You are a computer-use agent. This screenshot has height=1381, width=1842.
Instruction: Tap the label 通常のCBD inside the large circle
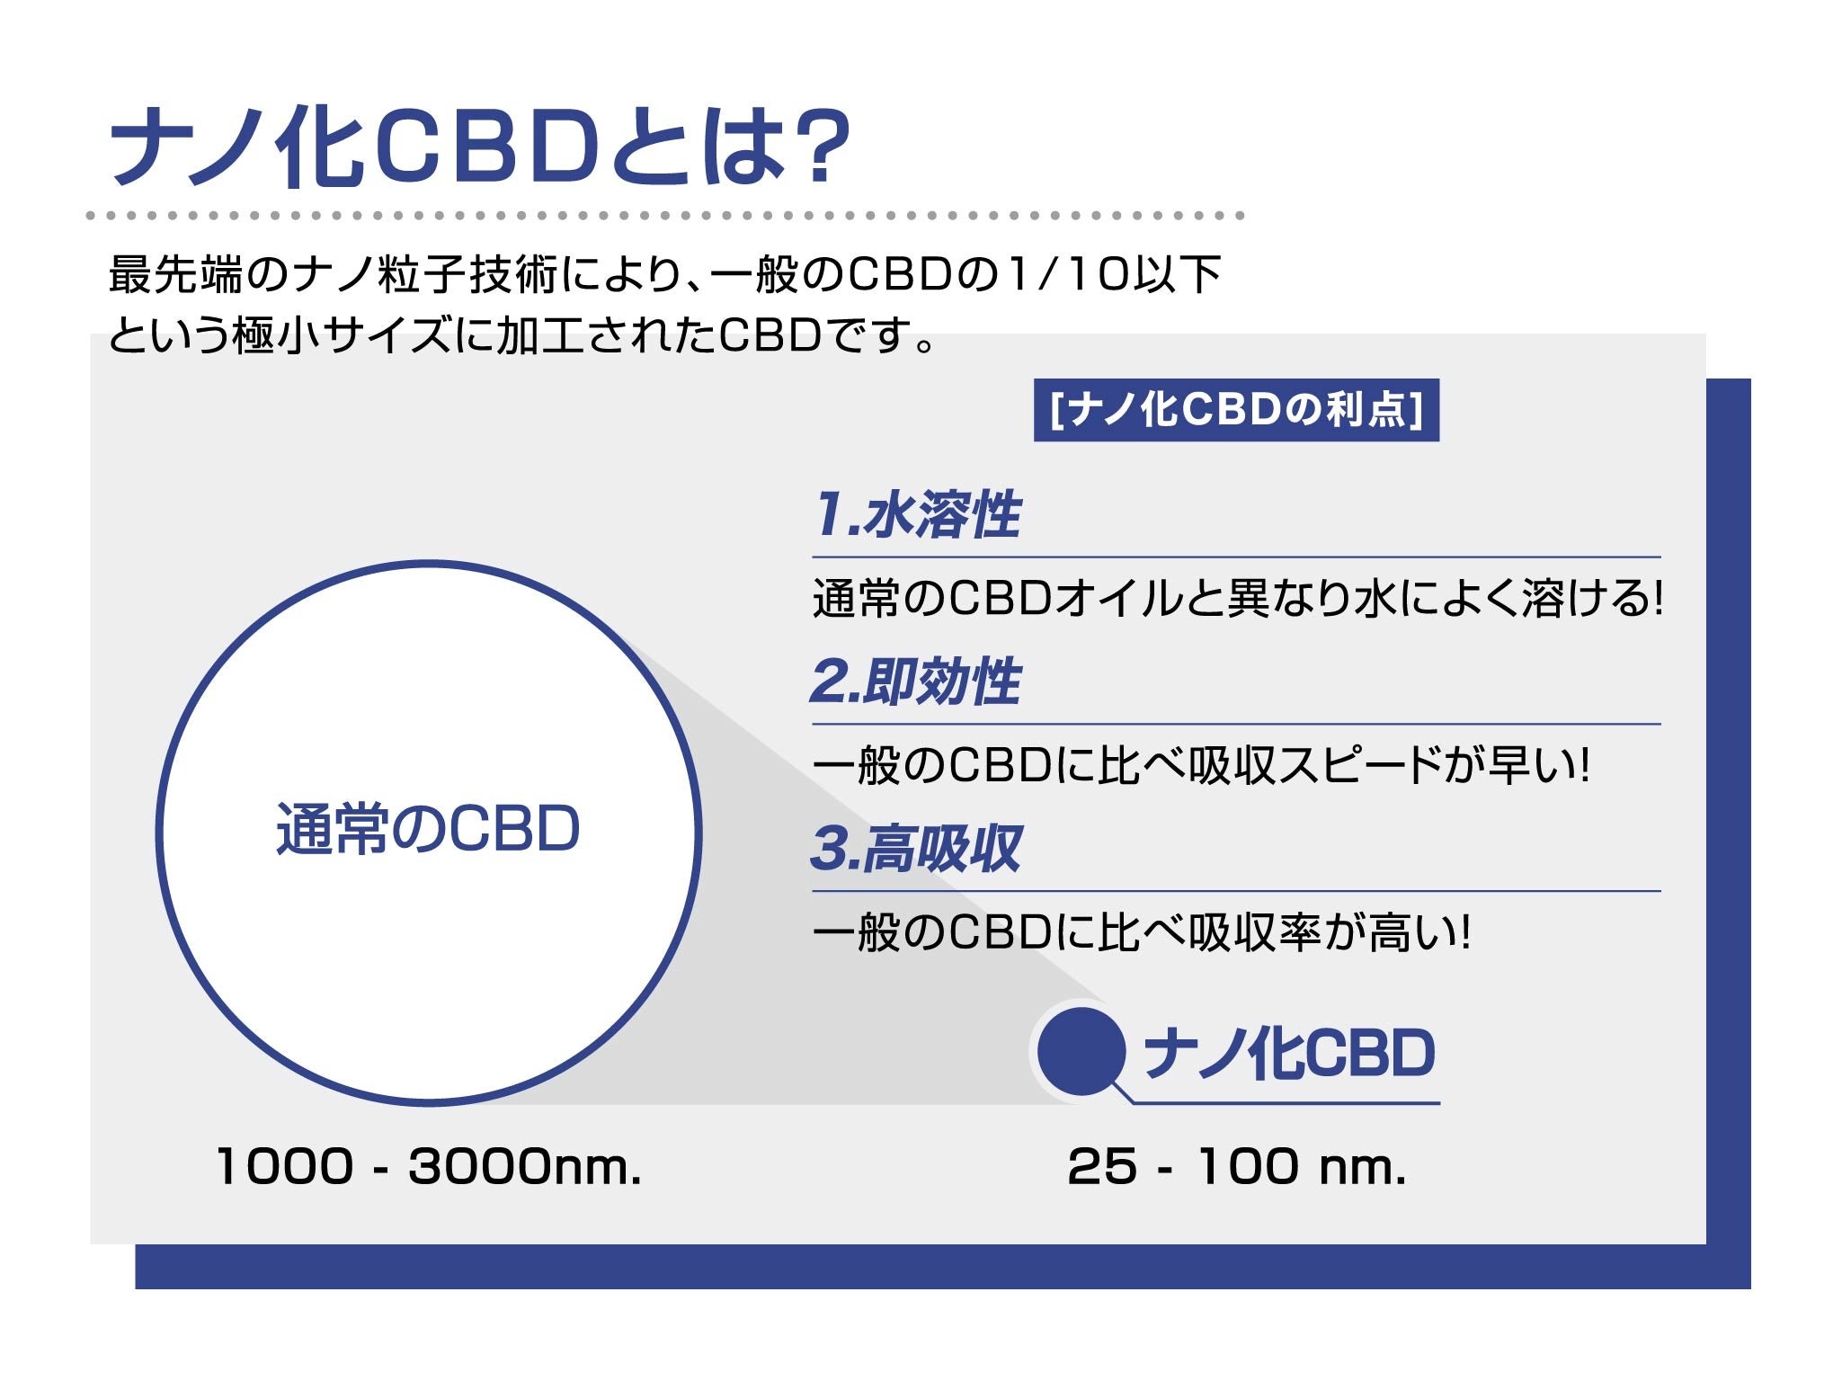coord(428,828)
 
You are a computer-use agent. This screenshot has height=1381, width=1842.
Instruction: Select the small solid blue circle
coord(1081,1051)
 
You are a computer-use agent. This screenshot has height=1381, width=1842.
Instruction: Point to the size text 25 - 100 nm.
coord(1237,1166)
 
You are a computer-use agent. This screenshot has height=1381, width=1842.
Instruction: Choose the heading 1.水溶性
coord(917,514)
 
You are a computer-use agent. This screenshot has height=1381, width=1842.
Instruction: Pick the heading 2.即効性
coord(916,681)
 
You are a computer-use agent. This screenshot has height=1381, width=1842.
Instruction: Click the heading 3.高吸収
coord(916,848)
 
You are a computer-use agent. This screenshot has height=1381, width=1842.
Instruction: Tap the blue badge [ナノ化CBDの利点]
coord(1236,410)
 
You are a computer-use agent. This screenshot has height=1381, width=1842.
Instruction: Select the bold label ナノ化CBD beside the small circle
coord(1289,1053)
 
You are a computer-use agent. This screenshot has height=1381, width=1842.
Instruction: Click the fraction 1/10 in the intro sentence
coord(1067,273)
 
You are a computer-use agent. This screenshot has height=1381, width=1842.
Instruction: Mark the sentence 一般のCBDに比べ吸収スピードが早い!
coord(1201,765)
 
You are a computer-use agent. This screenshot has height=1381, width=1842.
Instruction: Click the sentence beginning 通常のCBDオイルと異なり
coord(1238,598)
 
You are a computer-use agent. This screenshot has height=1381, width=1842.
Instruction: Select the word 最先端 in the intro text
coord(176,273)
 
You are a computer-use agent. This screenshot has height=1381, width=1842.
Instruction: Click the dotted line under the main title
coord(665,216)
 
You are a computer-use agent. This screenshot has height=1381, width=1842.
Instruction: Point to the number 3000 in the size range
coord(479,1166)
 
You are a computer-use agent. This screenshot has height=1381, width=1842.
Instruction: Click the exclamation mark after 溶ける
coord(1658,598)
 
